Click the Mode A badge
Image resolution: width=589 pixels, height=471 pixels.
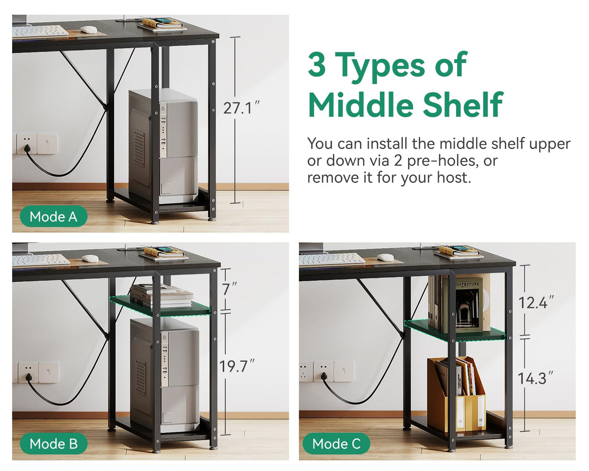pos(54,216)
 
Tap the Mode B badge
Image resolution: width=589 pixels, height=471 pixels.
pos(54,443)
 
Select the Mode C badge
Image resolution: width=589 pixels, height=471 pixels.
pos(336,443)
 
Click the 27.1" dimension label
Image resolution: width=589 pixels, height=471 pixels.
pos(241,108)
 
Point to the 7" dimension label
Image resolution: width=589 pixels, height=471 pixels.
pos(229,289)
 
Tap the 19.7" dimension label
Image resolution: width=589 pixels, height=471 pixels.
pos(237,366)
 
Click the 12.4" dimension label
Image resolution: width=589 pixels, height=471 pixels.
pos(536,302)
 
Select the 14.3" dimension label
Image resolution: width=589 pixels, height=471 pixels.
pos(536,378)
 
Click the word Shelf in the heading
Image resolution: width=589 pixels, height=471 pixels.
pos(462,105)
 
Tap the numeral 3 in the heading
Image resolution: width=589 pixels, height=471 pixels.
pos(317,65)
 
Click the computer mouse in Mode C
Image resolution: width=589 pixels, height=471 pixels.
pos(385,257)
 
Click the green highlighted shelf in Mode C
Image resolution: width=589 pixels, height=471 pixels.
pos(455,330)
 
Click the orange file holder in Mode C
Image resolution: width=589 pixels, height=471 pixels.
pos(456,394)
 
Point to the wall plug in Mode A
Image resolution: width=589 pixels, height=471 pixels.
pos(27,148)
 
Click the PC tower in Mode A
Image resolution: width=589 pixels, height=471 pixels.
pos(163,146)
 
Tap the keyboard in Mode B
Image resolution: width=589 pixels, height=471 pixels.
pos(41,260)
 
